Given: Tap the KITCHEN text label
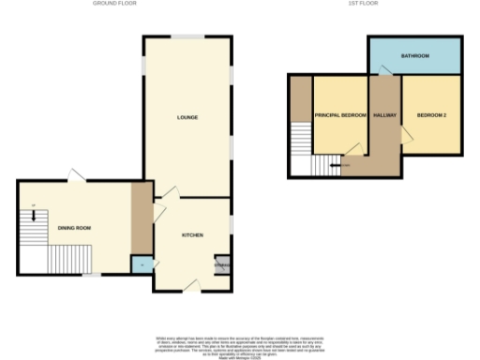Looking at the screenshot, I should [193, 234].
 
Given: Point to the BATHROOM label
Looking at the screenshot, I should [414, 56].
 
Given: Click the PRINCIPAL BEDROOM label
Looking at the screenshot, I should [339, 115].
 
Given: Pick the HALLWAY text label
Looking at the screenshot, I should [384, 115].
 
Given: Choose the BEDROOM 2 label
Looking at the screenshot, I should [431, 115].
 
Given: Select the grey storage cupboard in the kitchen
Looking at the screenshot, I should [222, 265].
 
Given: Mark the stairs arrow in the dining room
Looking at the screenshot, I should [35, 214].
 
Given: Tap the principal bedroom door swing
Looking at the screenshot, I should [353, 147].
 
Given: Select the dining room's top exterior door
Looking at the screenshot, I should [74, 175].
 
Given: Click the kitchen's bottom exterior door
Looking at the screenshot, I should [192, 284].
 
